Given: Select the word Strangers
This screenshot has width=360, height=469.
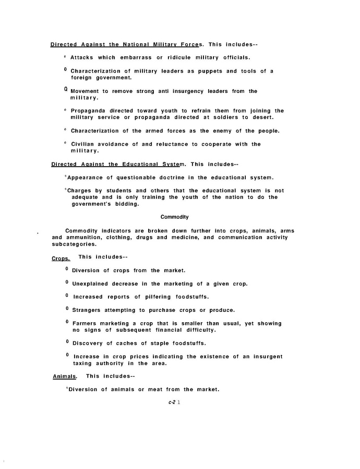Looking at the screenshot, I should pyautogui.click(x=86, y=310).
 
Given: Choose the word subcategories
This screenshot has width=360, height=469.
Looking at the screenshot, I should pyautogui.click(x=75, y=244).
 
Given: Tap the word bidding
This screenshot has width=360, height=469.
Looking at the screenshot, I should pyautogui.click(x=126, y=204).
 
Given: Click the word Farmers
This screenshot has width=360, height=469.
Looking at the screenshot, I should pyautogui.click(x=86, y=323).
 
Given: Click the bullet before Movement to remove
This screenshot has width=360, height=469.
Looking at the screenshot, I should pyautogui.click(x=66, y=89).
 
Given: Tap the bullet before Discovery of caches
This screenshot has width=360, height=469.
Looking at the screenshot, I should pyautogui.click(x=67, y=342).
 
